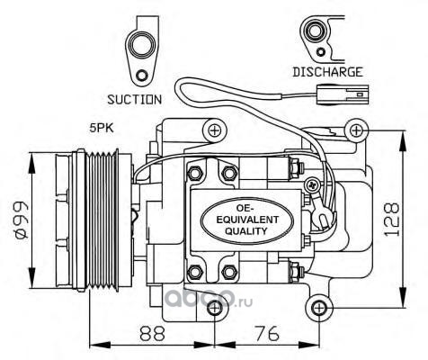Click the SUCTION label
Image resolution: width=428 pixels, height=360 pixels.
[x=134, y=100]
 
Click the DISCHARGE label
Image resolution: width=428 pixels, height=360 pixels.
[x=327, y=72]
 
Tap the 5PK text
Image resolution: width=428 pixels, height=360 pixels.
[x=102, y=128]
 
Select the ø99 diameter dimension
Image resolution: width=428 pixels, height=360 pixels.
[x=21, y=220]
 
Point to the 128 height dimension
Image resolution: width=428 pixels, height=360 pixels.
[x=392, y=220]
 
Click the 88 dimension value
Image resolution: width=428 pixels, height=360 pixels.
[x=153, y=333]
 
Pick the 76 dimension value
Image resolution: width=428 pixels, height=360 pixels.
[x=267, y=333]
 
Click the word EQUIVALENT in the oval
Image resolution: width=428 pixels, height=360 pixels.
[x=247, y=220]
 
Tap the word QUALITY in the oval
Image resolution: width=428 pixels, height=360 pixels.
[x=245, y=231]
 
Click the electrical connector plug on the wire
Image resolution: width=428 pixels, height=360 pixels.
[x=343, y=94]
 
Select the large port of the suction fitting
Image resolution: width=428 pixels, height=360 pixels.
[x=140, y=45]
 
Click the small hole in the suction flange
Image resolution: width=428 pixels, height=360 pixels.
[x=141, y=75]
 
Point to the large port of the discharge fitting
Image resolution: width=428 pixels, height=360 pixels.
[x=314, y=31]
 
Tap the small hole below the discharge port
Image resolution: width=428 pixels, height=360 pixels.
[x=321, y=51]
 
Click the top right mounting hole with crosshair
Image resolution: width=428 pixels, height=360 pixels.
[x=356, y=130]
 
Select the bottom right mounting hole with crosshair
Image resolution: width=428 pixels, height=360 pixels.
[x=319, y=308]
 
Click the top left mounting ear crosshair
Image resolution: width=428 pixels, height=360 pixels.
[x=214, y=130]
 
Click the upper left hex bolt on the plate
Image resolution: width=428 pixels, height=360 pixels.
[x=194, y=173]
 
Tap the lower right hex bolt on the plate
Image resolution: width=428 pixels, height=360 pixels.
[x=229, y=272]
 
